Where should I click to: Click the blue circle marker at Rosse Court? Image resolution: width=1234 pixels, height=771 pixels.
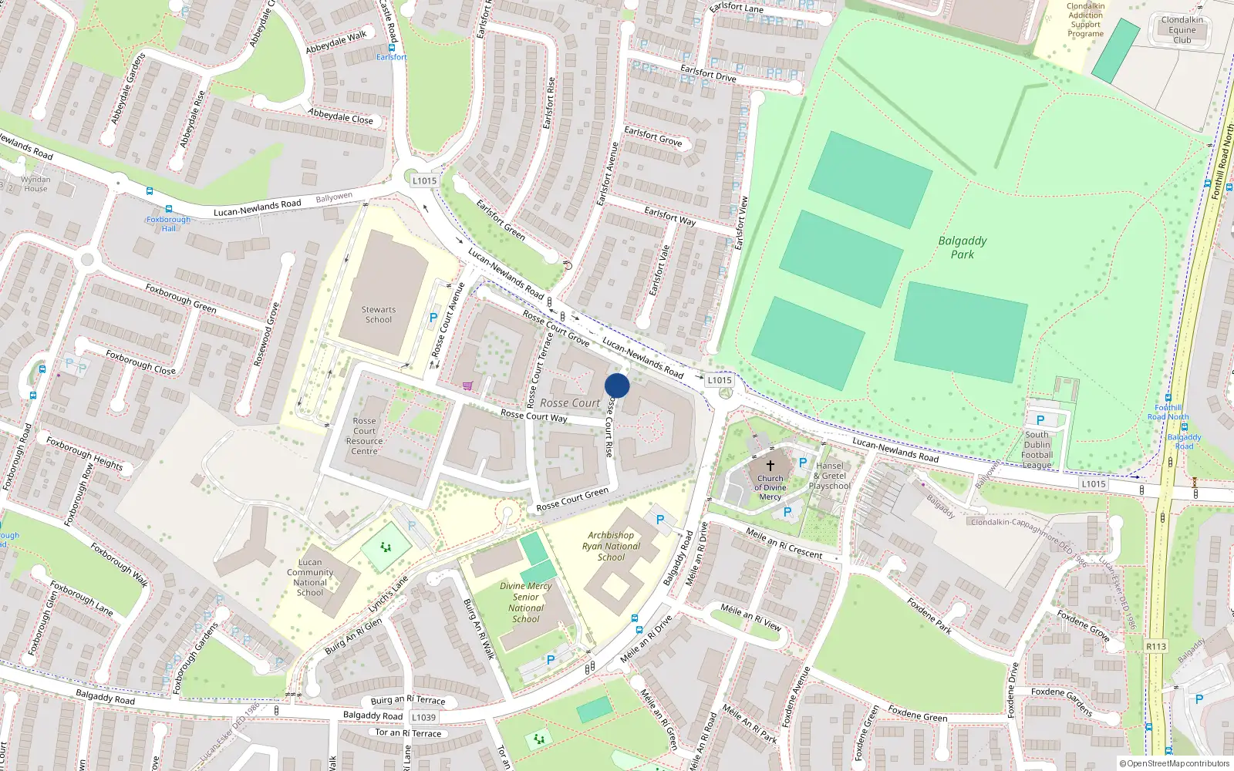[x=617, y=385]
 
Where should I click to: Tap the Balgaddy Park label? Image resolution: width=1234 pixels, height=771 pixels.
[x=962, y=247]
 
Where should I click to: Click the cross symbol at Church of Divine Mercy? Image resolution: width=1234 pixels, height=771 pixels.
[x=770, y=465]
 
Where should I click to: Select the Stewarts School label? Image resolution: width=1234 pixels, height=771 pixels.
[x=379, y=315]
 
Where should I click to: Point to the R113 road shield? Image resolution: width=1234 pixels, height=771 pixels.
[x=1156, y=646]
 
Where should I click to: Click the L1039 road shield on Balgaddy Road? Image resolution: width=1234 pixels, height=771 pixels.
[x=423, y=717]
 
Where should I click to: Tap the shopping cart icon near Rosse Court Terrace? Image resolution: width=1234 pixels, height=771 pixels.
[x=467, y=385]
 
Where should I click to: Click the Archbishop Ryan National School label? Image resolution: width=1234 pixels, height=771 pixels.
[x=611, y=546]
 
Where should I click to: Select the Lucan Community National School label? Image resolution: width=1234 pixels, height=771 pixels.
[x=310, y=577]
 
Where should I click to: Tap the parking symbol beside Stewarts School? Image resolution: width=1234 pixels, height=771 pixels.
[x=433, y=317]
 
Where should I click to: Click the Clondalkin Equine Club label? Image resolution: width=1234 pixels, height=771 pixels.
[x=1182, y=30]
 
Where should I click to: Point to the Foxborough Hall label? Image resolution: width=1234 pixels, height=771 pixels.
[x=168, y=224]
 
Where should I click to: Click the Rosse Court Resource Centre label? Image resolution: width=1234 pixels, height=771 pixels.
[x=364, y=436]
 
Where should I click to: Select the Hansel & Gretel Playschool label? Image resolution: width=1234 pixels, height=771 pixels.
[x=830, y=476]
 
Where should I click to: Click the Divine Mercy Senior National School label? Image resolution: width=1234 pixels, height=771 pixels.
[x=526, y=602]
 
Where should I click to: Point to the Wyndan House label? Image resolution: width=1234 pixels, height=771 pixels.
[x=35, y=183]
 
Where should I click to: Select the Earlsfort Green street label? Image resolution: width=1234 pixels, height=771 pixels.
[x=501, y=220]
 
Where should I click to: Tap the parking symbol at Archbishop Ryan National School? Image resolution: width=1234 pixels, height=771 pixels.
[x=659, y=520]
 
